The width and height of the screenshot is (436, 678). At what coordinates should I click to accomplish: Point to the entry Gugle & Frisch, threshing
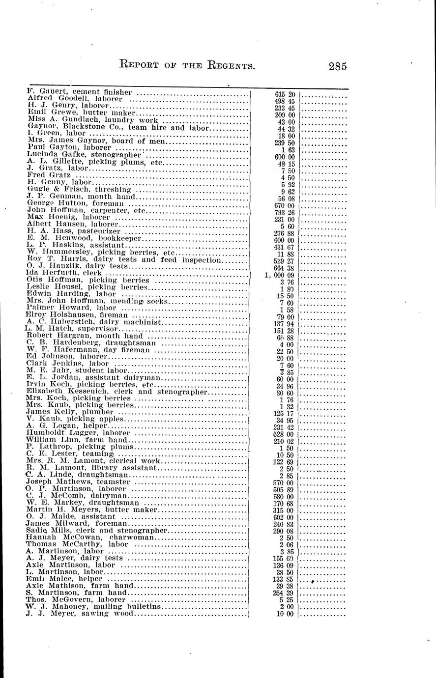pyautogui.click(x=79, y=189)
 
